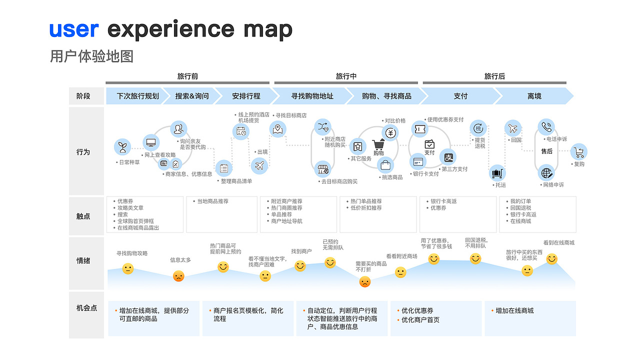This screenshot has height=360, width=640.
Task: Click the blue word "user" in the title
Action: tap(73, 29)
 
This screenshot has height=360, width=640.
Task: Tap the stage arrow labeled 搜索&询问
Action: tap(192, 96)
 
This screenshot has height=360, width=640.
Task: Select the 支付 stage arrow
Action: tap(460, 96)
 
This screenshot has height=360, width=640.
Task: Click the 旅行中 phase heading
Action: tap(346, 76)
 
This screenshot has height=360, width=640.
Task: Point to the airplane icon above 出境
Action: tap(259, 165)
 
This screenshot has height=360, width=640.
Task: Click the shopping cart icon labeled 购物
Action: tap(378, 145)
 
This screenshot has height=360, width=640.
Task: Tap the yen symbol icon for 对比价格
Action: tap(390, 132)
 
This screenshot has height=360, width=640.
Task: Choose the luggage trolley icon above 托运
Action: tap(497, 173)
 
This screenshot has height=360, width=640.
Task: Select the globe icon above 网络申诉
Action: tap(546, 173)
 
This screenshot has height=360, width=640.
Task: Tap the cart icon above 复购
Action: tap(579, 151)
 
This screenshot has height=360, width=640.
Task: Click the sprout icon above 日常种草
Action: tap(122, 147)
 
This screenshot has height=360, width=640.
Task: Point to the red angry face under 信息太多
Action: tap(178, 276)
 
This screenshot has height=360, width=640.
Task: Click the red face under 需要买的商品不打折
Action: tap(365, 282)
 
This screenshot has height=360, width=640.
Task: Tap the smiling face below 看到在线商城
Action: tap(551, 258)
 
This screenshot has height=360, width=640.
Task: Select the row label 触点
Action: tap(83, 216)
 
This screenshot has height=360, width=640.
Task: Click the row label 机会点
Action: tap(86, 308)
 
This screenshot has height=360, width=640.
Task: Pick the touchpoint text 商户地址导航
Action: tap(286, 221)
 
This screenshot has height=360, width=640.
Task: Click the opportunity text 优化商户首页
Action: tap(420, 320)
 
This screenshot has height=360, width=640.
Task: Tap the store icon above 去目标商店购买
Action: tap(323, 169)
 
